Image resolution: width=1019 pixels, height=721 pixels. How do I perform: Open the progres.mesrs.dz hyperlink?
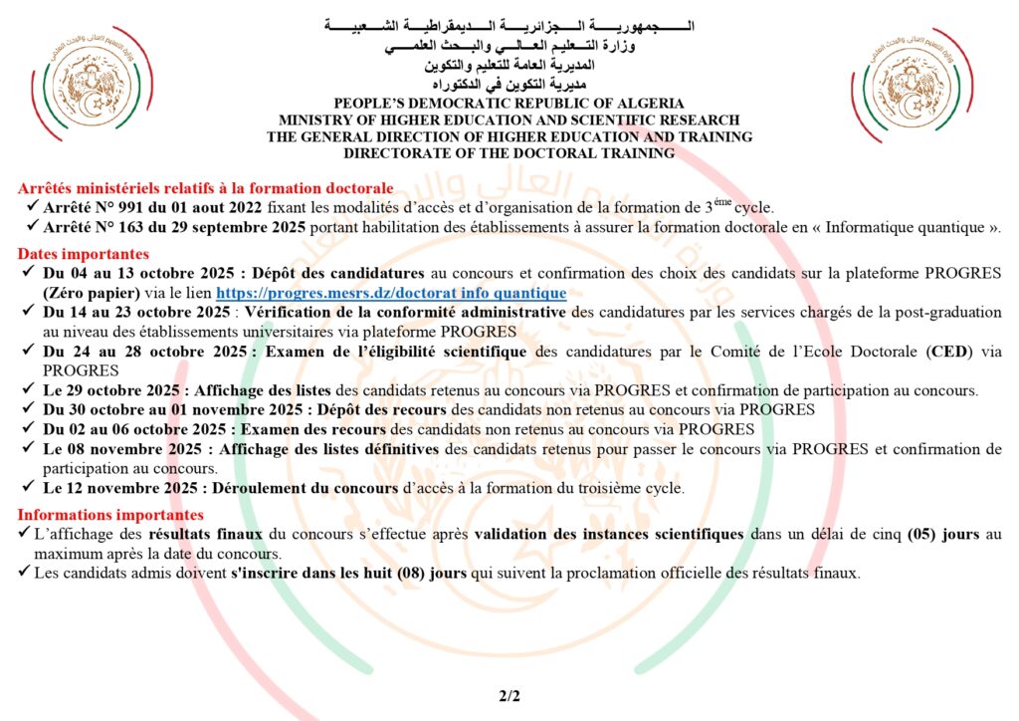click(391, 293)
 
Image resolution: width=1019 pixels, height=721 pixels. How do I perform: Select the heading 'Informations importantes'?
click(110, 515)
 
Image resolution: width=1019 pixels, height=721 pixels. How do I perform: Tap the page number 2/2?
click(509, 697)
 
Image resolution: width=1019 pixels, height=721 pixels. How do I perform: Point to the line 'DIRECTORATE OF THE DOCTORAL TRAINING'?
click(509, 153)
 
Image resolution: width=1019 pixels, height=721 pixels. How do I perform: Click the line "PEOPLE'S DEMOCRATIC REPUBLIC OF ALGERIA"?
click(509, 103)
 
